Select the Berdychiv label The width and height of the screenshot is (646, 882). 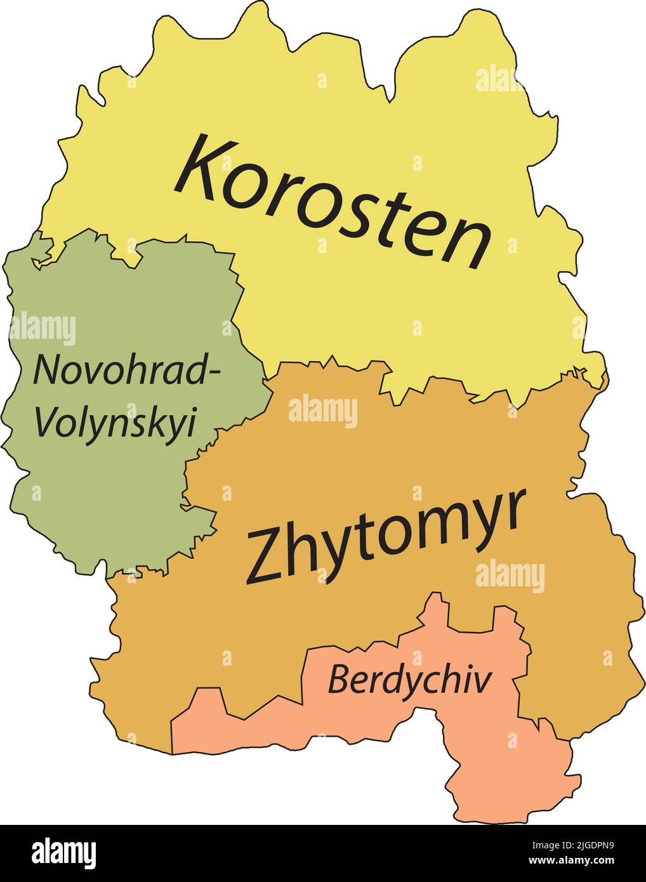(409, 681)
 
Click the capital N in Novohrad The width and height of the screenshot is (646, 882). (48, 370)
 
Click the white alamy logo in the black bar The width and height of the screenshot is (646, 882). (64, 852)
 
